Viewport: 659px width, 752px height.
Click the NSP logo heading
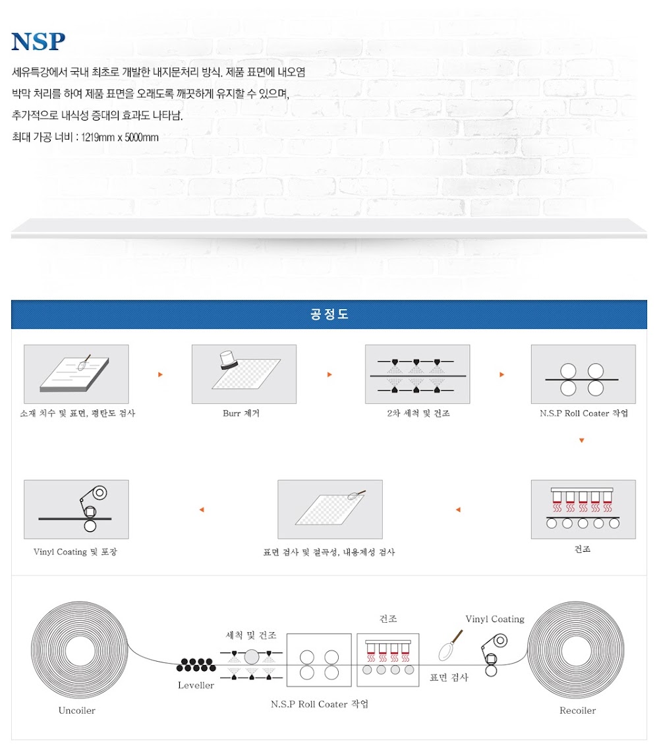(x=38, y=42)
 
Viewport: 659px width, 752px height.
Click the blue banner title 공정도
(x=329, y=314)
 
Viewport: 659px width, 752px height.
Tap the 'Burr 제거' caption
(x=241, y=413)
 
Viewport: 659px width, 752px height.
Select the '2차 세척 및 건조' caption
(x=418, y=413)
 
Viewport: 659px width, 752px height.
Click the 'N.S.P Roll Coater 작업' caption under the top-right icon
(x=584, y=413)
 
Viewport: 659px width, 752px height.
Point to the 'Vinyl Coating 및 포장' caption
(x=75, y=552)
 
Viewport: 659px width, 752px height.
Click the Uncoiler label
(x=76, y=710)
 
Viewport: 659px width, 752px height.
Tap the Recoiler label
(x=577, y=710)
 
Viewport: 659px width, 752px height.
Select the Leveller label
(x=196, y=685)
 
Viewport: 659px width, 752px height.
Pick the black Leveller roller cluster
(x=196, y=665)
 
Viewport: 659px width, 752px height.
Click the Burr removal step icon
(x=244, y=374)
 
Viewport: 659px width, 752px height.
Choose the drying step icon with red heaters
(x=583, y=509)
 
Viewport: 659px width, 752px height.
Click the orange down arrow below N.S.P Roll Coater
(x=582, y=440)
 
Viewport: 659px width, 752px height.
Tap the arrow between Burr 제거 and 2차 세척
(x=329, y=374)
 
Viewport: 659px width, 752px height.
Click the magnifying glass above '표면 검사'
(x=450, y=646)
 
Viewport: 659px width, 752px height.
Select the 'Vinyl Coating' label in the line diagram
(x=495, y=619)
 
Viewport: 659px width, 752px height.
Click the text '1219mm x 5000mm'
(x=119, y=137)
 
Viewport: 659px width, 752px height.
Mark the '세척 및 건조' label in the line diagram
(x=251, y=635)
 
